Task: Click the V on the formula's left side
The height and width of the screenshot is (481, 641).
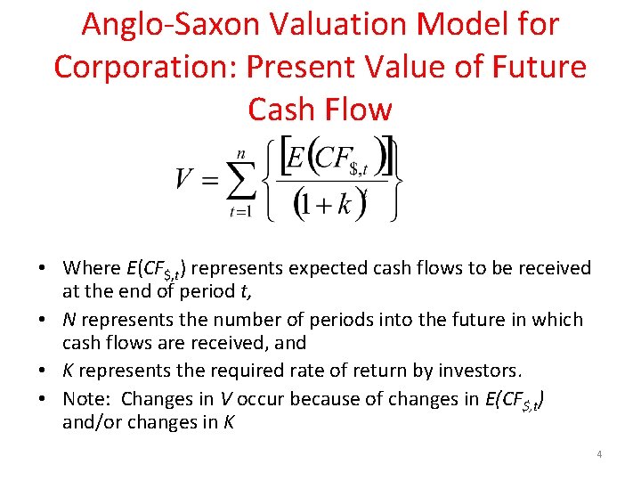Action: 183,180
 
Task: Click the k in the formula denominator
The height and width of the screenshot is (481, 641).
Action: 346,205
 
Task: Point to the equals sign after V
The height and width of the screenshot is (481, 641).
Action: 209,182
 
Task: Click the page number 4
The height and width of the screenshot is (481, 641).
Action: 599,454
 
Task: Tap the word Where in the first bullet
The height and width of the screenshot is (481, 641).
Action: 92,267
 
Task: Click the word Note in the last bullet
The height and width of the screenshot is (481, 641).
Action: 86,398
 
